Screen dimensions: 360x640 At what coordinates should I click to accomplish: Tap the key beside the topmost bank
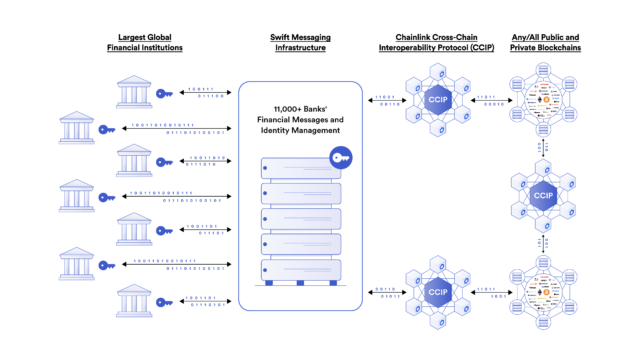coord(165,95)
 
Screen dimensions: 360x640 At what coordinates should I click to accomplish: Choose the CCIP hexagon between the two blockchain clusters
coord(543,194)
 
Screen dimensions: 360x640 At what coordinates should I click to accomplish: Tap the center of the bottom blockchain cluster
coord(544,291)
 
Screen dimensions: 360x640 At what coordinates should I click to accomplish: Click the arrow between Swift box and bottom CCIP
coord(383,291)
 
